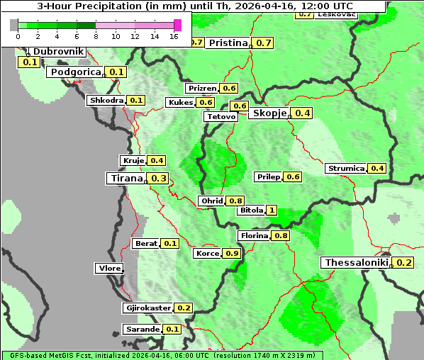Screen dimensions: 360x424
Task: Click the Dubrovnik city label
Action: pos(59,52)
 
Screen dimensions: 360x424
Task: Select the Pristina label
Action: pos(228,43)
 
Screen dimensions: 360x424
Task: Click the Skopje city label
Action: pos(269,113)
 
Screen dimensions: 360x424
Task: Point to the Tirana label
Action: pos(125,178)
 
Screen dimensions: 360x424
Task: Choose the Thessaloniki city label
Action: pos(357,262)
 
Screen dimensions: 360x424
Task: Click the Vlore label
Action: pos(108,268)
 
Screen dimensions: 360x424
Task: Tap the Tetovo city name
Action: pos(221,116)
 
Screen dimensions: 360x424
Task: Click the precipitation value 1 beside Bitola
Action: pos(271,210)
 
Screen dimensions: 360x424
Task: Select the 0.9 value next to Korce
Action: pos(231,253)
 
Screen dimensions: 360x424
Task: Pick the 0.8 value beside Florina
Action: pos(281,235)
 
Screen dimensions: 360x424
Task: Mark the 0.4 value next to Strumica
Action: pos(377,168)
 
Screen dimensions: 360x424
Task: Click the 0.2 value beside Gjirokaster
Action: pos(184,308)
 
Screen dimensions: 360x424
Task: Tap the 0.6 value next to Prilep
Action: pos(293,176)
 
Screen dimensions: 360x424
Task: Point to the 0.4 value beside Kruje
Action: pos(157,160)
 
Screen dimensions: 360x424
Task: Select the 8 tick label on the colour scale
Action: pos(96,35)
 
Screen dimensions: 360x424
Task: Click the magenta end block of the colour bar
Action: pos(177,25)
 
